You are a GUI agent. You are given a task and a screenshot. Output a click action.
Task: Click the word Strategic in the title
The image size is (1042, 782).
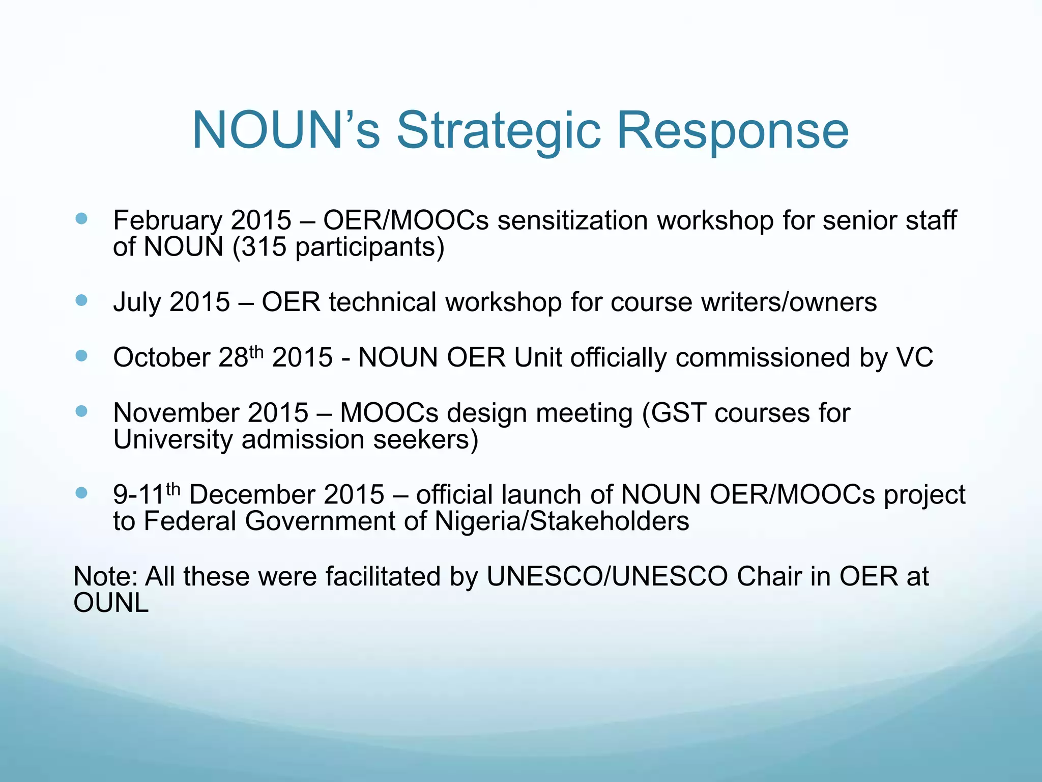499,131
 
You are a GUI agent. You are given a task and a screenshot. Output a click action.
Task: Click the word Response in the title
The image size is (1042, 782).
733,131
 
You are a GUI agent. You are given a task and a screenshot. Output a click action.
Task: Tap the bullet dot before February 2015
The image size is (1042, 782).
81,219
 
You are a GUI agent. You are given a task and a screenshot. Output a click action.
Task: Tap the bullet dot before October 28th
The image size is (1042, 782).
81,355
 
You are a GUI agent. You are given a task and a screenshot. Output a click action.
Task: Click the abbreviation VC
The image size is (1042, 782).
914,357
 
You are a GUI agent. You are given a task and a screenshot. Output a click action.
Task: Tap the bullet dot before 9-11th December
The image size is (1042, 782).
81,493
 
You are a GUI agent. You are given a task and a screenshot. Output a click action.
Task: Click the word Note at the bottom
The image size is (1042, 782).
105,577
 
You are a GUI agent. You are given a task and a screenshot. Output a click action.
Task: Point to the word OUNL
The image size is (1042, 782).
111,603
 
